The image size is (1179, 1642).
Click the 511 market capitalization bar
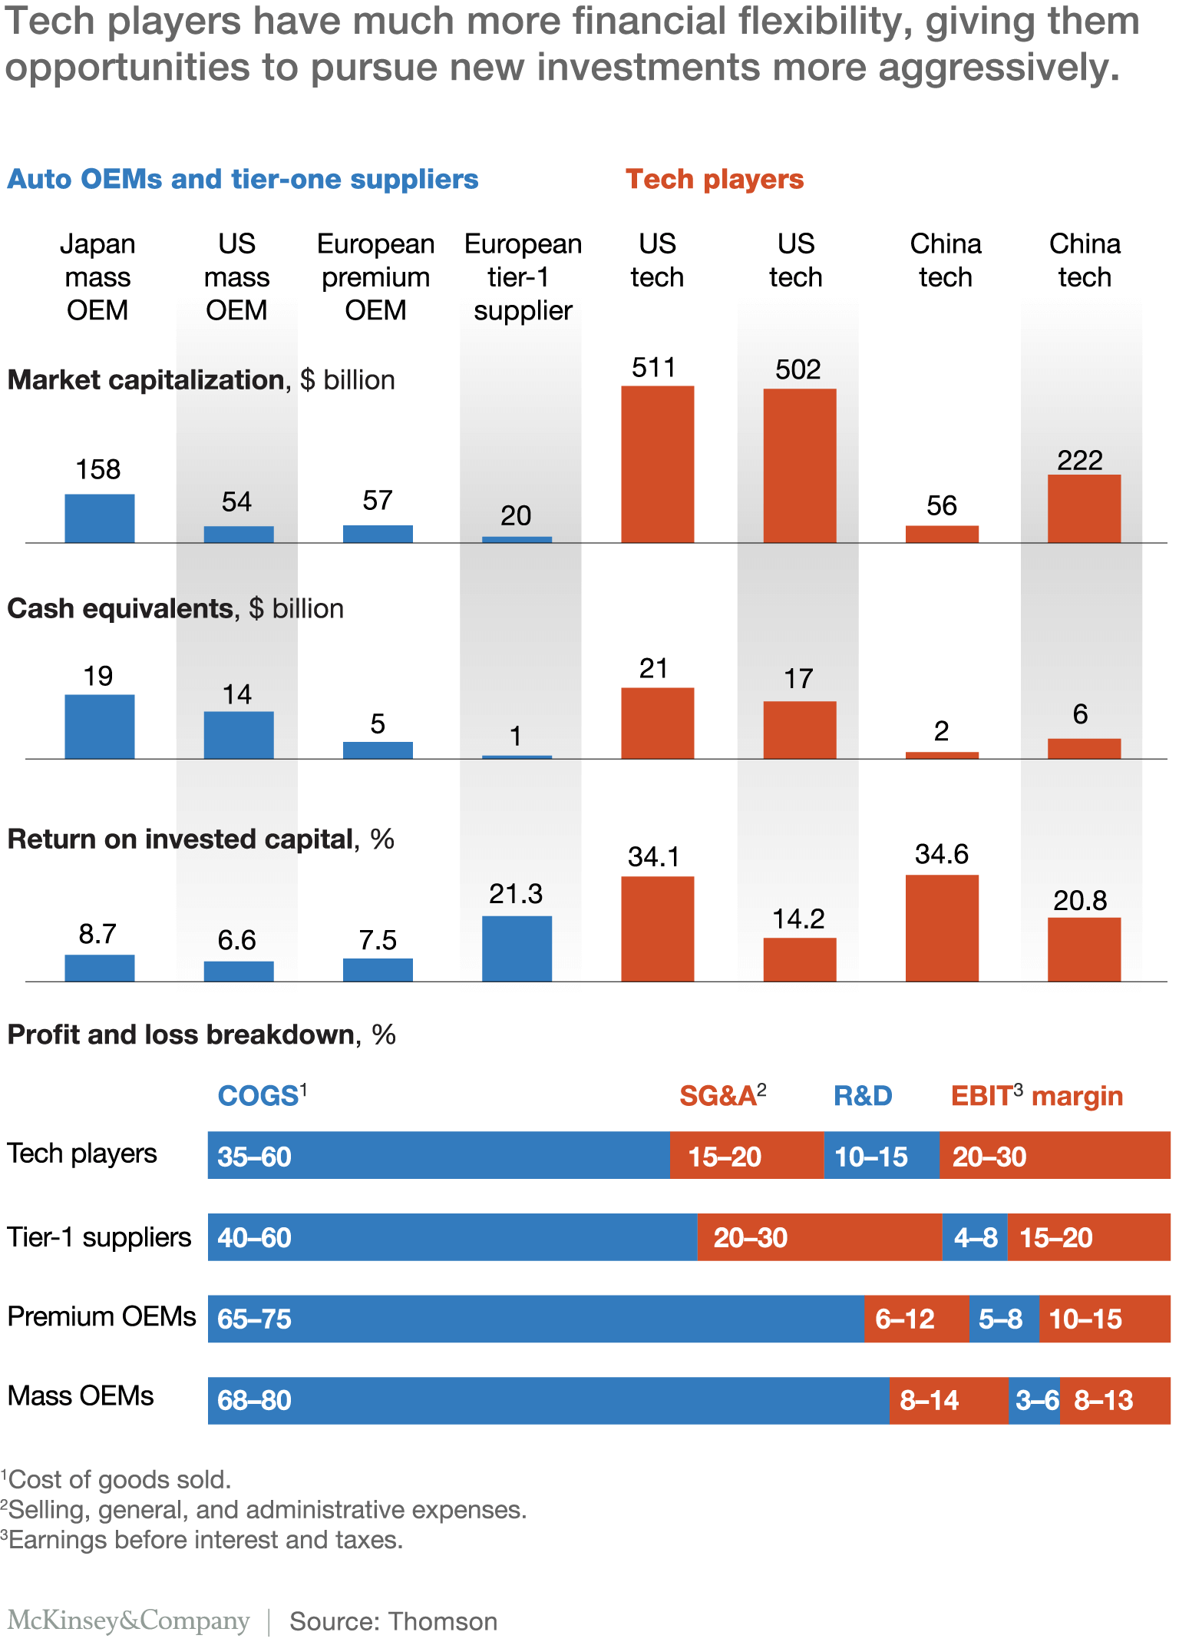click(x=657, y=464)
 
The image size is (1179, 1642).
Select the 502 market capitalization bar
click(x=799, y=465)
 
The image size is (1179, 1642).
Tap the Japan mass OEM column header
click(x=97, y=276)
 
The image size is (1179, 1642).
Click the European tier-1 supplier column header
click(x=523, y=276)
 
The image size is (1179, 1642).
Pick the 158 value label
click(x=98, y=469)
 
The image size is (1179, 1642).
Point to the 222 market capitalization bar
click(x=1084, y=508)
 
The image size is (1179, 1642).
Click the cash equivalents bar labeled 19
click(x=99, y=727)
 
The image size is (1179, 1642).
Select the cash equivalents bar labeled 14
click(x=238, y=735)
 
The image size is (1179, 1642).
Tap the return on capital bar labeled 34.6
click(x=942, y=928)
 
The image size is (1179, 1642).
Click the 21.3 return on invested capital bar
click(x=517, y=948)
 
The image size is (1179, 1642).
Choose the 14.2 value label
click(x=798, y=919)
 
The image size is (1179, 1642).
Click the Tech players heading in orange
click(x=715, y=179)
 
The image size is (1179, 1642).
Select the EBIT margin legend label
click(x=1036, y=1095)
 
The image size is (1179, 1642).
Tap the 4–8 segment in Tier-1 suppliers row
click(x=975, y=1236)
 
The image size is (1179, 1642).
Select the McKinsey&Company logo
click(x=129, y=1620)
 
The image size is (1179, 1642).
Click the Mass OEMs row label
click(x=81, y=1395)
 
